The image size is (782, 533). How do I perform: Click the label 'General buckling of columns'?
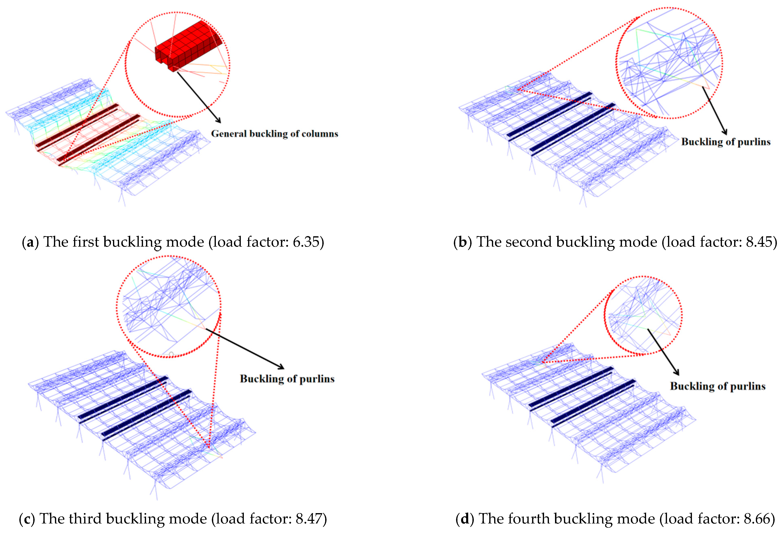pos(274,134)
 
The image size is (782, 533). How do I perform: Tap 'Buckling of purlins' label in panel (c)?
pos(287,379)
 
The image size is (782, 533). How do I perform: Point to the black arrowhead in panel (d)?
pos(677,373)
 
